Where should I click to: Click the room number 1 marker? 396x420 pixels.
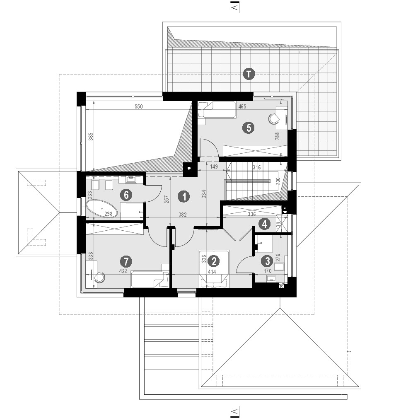tap(184, 197)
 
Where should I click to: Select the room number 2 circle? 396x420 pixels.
tap(214, 261)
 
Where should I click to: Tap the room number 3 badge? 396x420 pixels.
tap(267, 261)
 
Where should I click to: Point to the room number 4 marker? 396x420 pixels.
tap(265, 224)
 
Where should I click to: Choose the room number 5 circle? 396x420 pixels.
tap(249, 128)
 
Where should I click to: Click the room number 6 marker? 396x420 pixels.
tap(126, 195)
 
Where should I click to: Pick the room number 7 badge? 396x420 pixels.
tap(126, 261)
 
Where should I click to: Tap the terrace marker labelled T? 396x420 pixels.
tap(249, 74)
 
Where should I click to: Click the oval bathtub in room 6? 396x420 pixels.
tap(102, 209)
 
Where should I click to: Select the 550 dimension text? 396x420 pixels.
tap(138, 106)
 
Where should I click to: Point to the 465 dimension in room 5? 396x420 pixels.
tap(242, 106)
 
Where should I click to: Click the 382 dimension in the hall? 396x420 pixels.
tap(183, 215)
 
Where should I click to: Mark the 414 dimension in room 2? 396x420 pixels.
tap(212, 272)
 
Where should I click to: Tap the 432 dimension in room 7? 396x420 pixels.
tap(123, 271)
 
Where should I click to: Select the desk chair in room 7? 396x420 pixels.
tap(100, 277)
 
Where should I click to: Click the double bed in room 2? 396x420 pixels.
tap(214, 269)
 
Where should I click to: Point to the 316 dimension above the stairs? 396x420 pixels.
tap(257, 168)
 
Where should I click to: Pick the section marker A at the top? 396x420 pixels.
tap(235, 7)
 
